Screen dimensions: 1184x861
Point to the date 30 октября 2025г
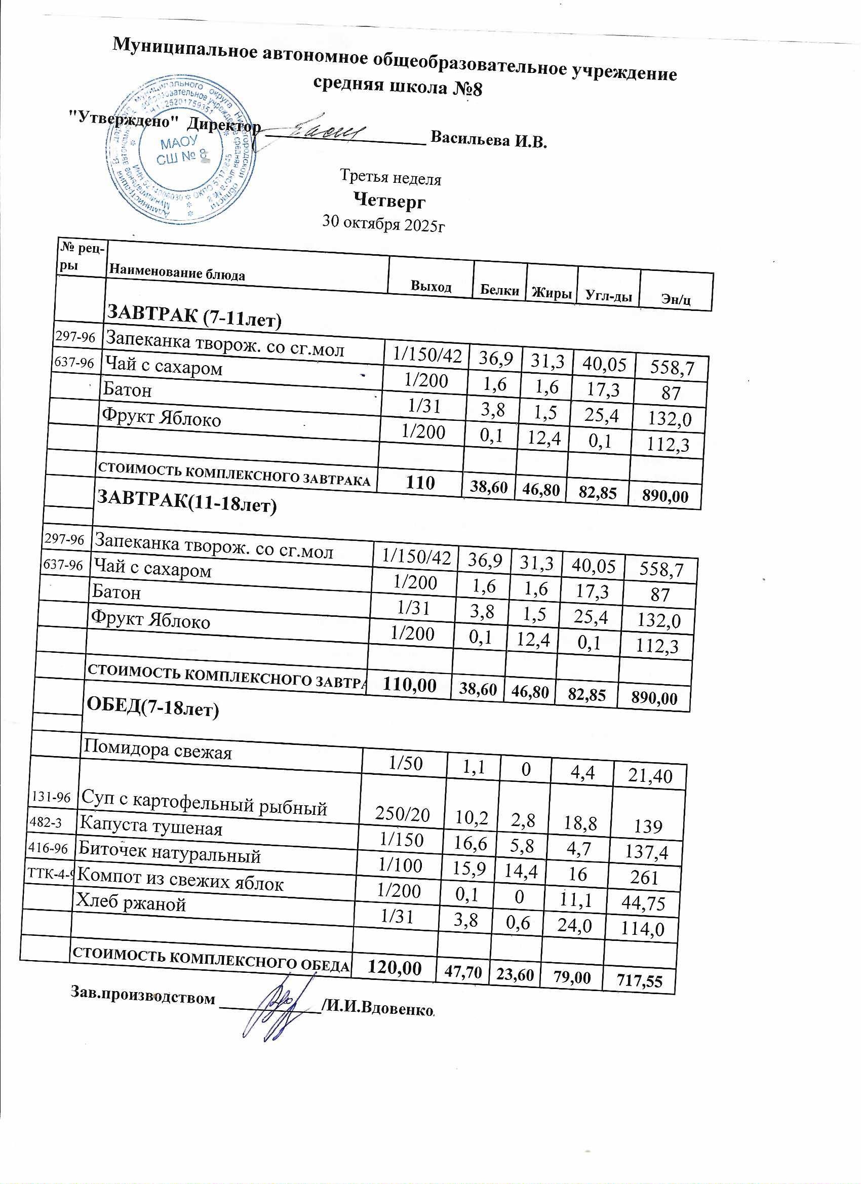pos(384,223)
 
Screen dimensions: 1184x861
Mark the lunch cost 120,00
pos(395,967)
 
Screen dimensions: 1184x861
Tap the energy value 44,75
pos(644,903)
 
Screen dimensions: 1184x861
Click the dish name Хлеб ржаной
pos(131,902)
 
